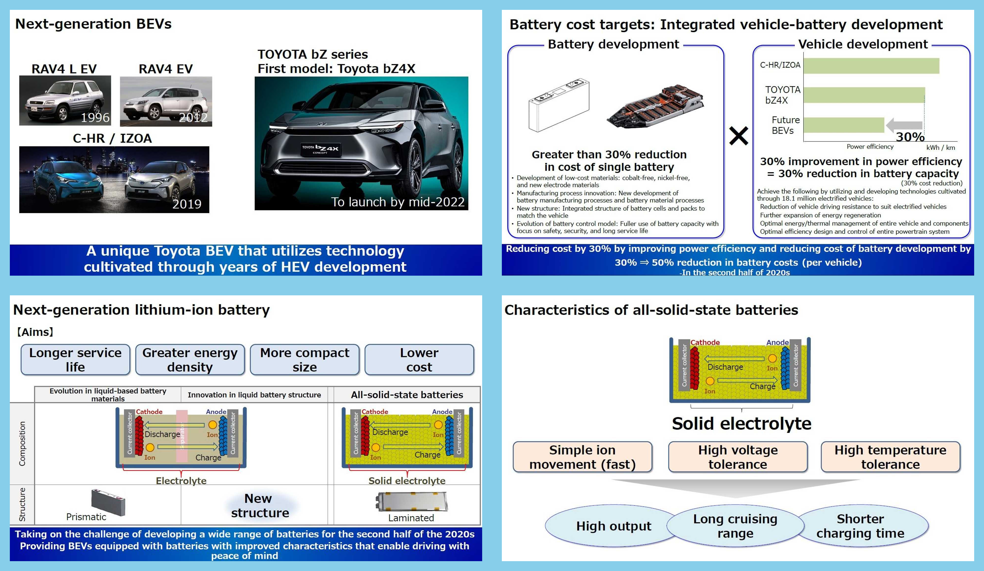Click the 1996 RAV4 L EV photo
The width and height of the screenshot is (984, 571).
pos(65,100)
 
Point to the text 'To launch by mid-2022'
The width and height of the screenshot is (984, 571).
pos(398,202)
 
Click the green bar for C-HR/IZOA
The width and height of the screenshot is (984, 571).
pos(871,66)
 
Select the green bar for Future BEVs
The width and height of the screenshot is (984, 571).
pos(844,125)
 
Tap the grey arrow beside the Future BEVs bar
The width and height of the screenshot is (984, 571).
pos(904,125)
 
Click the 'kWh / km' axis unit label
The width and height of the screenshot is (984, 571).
pos(940,148)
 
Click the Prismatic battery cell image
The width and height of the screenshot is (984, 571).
pos(108,502)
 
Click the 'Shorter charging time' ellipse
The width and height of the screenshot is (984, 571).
pos(860,526)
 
